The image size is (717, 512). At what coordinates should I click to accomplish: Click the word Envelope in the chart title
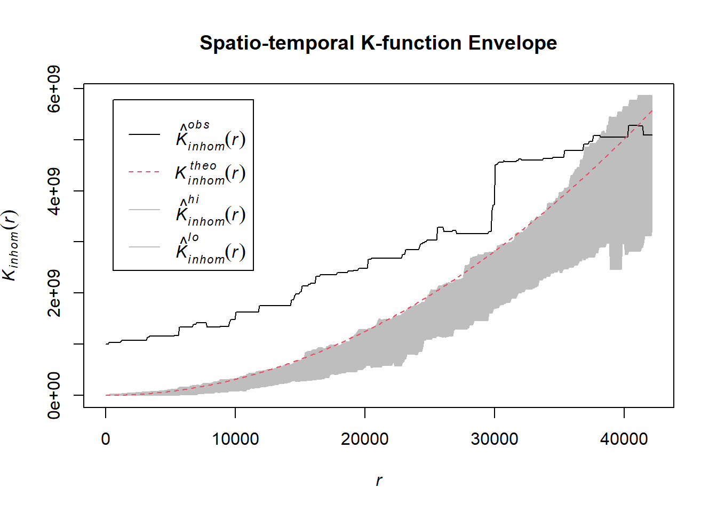click(512, 43)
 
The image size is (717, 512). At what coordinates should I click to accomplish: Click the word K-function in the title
click(411, 43)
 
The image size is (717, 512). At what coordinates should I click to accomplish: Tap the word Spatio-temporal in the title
click(277, 43)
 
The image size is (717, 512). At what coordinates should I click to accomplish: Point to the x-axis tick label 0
click(106, 439)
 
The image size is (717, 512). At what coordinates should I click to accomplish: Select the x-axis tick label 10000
click(235, 439)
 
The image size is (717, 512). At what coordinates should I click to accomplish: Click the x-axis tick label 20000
click(365, 439)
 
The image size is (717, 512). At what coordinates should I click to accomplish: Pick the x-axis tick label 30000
click(495, 439)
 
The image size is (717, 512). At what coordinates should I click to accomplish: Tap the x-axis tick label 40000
click(624, 439)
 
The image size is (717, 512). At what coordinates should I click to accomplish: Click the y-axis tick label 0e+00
click(54, 395)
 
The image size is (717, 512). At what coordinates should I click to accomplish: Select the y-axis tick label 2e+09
click(54, 293)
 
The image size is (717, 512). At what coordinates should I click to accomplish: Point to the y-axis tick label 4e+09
click(54, 191)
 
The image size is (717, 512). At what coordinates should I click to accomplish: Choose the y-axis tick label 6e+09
click(54, 89)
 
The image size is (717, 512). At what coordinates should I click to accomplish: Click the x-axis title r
click(379, 481)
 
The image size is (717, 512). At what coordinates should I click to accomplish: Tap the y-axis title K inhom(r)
click(11, 245)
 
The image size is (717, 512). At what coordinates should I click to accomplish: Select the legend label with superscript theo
click(210, 172)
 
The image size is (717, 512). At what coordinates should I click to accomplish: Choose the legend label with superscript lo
click(210, 248)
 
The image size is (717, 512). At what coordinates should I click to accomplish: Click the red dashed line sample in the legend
click(144, 172)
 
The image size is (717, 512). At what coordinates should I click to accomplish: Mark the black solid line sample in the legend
click(144, 134)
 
